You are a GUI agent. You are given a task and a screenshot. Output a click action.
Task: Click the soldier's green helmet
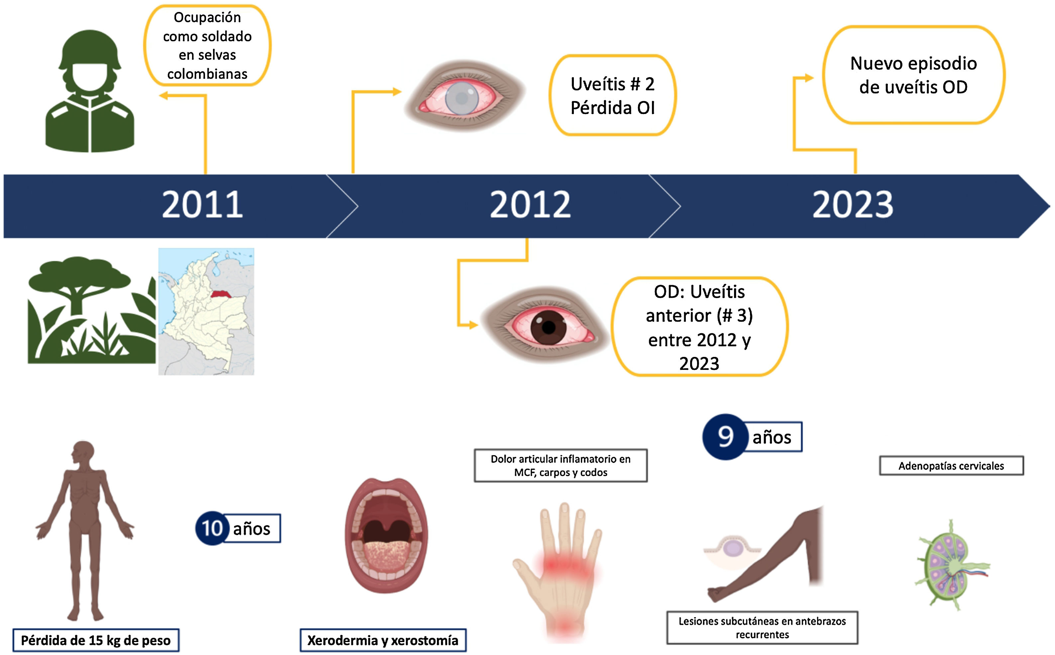point(90,48)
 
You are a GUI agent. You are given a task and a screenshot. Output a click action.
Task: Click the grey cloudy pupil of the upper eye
point(462,98)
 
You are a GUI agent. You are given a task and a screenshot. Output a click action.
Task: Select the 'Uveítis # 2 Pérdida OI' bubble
point(612,95)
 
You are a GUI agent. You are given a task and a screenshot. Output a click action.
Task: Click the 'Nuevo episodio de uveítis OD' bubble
point(913,75)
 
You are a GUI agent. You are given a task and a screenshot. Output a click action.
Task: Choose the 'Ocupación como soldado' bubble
point(207,46)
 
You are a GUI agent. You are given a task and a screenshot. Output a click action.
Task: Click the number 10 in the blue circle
point(212,528)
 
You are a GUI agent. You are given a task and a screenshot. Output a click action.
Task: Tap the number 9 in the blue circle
point(725,437)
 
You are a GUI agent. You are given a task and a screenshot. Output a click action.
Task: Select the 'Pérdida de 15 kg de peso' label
point(96,640)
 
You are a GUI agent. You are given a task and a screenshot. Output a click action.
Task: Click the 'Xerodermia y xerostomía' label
point(383,640)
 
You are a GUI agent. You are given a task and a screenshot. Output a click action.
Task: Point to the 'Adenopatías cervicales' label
point(951,466)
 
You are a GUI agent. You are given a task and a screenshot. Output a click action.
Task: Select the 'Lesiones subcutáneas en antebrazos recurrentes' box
point(762,627)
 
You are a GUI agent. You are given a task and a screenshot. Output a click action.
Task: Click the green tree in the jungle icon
point(78,277)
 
